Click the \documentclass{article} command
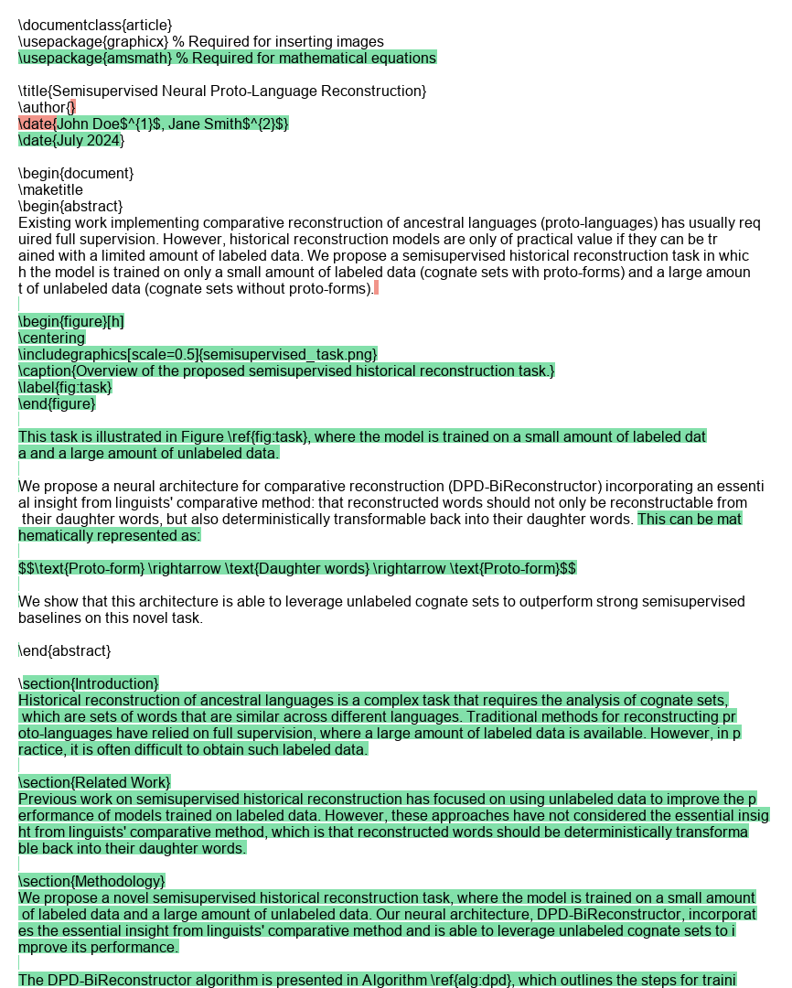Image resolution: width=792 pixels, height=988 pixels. (x=95, y=25)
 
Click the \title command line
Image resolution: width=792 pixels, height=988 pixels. (x=222, y=91)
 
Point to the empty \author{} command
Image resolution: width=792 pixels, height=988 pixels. (x=47, y=107)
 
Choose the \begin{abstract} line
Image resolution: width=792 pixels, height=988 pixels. (x=70, y=206)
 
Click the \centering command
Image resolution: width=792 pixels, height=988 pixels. (x=52, y=338)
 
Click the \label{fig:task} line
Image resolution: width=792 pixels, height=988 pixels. (x=65, y=387)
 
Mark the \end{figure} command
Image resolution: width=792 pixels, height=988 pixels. (x=57, y=403)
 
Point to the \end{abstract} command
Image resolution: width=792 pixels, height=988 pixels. (x=65, y=650)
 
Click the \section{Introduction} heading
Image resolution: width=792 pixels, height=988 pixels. (x=89, y=683)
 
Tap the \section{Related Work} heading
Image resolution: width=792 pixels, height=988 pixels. (x=94, y=782)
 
